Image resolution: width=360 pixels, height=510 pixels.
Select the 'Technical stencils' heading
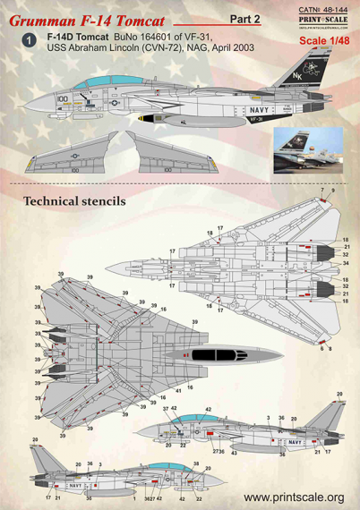(x=75, y=201)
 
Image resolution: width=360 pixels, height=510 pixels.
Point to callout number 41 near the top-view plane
(x=177, y=388)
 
